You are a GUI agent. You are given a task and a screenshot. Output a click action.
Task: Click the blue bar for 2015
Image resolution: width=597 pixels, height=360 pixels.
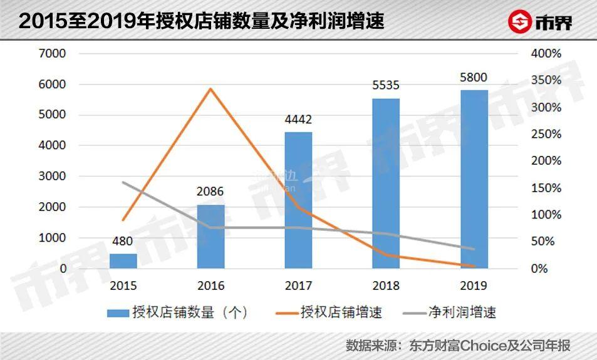[x=123, y=261]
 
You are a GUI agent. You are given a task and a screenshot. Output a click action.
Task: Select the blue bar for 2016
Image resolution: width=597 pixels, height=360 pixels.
[x=210, y=237]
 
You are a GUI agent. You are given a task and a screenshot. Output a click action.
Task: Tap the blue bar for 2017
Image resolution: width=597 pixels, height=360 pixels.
[x=298, y=200]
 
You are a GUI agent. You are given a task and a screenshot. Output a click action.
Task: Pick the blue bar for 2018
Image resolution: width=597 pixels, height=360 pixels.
[x=386, y=183]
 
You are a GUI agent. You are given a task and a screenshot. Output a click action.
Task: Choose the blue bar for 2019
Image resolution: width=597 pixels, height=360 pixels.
[x=474, y=179]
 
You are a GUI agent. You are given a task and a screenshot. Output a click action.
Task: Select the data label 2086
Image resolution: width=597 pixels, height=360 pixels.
[x=210, y=192]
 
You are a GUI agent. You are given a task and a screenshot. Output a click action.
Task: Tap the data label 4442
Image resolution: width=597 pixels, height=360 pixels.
[x=298, y=119]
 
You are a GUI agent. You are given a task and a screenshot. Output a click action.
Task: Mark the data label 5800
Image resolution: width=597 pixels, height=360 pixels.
[x=474, y=77]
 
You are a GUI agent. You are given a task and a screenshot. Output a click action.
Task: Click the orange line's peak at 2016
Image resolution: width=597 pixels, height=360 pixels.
[x=211, y=88]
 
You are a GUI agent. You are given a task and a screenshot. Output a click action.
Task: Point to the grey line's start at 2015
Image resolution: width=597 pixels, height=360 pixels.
[x=123, y=182]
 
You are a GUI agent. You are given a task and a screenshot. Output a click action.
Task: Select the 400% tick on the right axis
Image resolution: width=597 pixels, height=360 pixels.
[x=546, y=53]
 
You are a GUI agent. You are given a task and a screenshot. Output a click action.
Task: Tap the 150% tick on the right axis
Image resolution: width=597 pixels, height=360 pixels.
[x=546, y=188]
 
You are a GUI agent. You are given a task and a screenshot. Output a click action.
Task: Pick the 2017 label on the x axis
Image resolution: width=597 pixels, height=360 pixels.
[x=298, y=285]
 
